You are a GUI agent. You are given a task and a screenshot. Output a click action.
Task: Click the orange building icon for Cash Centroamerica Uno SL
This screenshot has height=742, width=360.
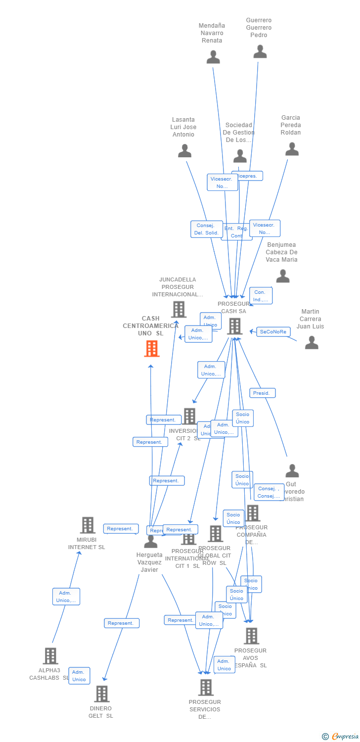pyautogui.click(x=151, y=348)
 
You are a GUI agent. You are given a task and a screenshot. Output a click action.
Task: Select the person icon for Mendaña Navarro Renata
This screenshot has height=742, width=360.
pyautogui.click(x=213, y=57)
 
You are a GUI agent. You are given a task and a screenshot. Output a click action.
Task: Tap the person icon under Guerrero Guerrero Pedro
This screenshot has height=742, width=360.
pyautogui.click(x=260, y=51)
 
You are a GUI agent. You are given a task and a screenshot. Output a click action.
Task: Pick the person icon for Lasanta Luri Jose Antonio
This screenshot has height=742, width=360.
pyautogui.click(x=184, y=151)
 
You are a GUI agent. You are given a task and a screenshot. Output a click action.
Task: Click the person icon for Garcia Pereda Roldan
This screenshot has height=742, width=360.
pyautogui.click(x=292, y=149)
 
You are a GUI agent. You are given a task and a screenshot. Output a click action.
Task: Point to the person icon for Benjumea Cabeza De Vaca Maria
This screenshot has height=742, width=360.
pyautogui.click(x=282, y=276)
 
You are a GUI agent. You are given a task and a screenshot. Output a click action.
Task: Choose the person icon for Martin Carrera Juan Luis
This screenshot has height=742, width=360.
pyautogui.click(x=312, y=342)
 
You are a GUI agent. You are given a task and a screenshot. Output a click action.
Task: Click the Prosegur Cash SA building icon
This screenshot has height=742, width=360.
pyautogui.click(x=235, y=326)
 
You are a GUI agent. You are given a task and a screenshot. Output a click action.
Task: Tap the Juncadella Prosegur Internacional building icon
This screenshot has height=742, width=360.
pyautogui.click(x=179, y=309)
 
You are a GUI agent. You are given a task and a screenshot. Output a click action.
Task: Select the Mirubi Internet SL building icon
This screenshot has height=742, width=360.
pyautogui.click(x=88, y=525)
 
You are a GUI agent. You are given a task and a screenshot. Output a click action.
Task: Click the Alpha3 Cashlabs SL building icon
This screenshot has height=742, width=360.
pyautogui.click(x=50, y=655)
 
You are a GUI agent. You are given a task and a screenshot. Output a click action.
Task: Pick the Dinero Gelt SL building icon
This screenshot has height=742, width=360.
pyautogui.click(x=101, y=694)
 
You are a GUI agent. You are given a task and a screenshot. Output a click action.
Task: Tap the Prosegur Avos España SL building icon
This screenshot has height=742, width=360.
pyautogui.click(x=251, y=636)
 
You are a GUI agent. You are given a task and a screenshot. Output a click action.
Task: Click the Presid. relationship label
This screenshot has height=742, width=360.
pyautogui.click(x=262, y=393)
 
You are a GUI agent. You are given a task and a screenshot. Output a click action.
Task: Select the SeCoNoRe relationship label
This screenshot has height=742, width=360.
pyautogui.click(x=273, y=332)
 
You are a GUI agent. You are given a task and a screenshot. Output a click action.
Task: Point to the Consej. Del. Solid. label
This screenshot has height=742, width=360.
pyautogui.click(x=207, y=229)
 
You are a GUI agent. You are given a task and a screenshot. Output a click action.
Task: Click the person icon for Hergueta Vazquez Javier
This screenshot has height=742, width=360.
pyautogui.click(x=150, y=542)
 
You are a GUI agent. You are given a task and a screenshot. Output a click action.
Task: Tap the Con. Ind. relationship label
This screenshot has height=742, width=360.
pyautogui.click(x=260, y=296)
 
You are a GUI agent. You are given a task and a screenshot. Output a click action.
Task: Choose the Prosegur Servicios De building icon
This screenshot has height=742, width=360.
pyautogui.click(x=206, y=687)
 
